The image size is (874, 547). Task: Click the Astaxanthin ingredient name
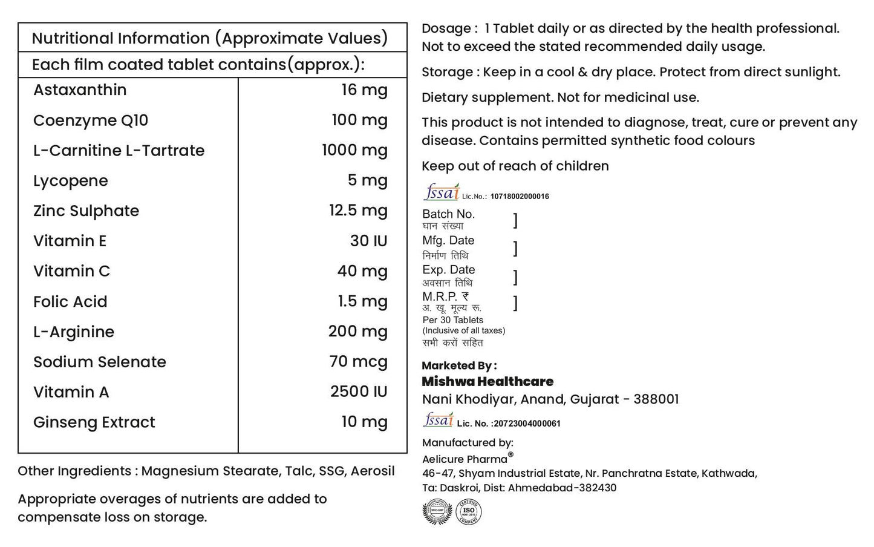pos(80,90)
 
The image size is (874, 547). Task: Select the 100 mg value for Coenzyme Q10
pos(359,120)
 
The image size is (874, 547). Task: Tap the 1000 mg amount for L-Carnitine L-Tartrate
pos(354,150)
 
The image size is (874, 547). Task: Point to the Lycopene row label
pos(71,181)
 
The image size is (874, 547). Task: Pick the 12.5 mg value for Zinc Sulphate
pos(358,211)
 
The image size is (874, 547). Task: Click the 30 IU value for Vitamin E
pos(368,241)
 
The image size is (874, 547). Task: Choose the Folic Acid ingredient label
pos(70,301)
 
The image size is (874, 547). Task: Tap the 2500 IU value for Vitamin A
pos(359,391)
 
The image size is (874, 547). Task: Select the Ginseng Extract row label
pos(94,422)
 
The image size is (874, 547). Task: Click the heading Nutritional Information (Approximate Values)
pos(209,38)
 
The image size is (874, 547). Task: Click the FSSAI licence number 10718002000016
pos(520,196)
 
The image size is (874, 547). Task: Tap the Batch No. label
pos(448,214)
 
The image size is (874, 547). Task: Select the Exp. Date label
pos(448,270)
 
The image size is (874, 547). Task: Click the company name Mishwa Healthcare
pos(488,382)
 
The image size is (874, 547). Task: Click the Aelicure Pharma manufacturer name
pos(465,459)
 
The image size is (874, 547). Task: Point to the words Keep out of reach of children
pos(515,166)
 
